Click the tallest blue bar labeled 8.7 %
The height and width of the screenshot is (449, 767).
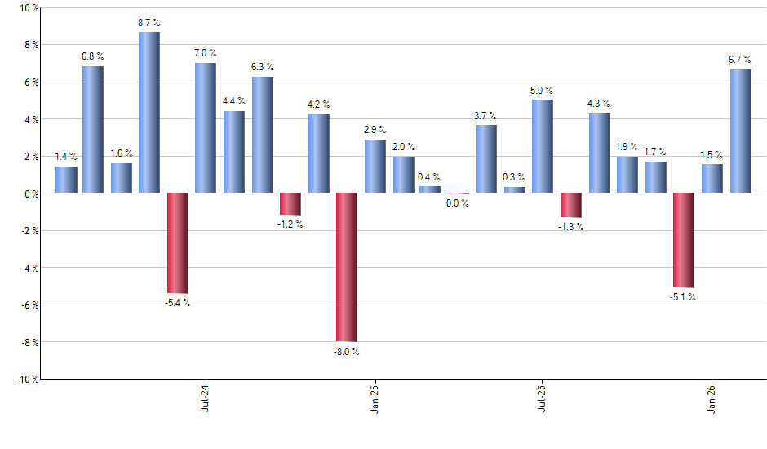coord(149,113)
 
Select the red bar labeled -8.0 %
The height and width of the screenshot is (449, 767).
coord(347,267)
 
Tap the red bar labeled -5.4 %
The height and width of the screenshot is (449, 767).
coord(178,243)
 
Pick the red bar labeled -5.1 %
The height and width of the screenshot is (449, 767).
coord(684,240)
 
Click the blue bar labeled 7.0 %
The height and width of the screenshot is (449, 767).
coord(206,128)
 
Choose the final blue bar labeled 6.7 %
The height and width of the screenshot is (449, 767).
coord(740,131)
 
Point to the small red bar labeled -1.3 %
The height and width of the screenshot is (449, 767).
coord(571,205)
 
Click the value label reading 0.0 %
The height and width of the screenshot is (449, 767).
coord(458,203)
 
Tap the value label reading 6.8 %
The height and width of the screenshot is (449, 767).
coord(93,56)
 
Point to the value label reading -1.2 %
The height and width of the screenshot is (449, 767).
coord(290,224)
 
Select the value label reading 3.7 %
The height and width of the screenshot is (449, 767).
coord(485,115)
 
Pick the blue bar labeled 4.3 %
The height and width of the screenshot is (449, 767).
coord(600,153)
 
